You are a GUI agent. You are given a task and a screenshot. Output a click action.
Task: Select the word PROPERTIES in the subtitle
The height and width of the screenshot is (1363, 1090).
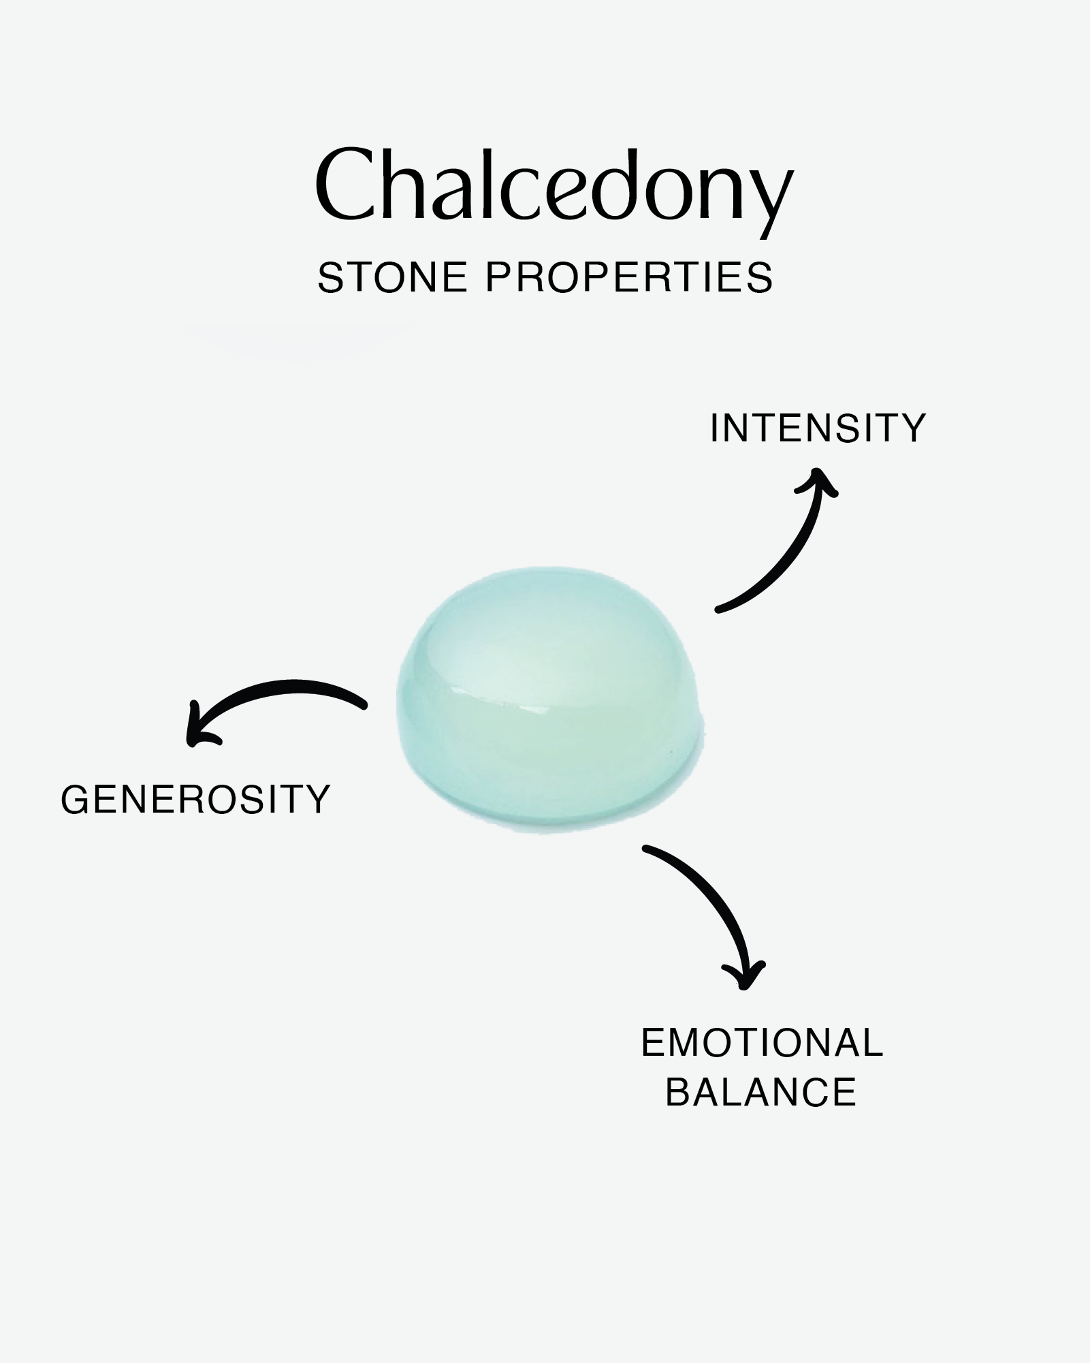point(630,277)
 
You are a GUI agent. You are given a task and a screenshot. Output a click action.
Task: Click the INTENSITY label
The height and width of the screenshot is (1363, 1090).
point(818,428)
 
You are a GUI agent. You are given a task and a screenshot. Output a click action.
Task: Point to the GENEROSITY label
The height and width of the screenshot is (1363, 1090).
point(195,799)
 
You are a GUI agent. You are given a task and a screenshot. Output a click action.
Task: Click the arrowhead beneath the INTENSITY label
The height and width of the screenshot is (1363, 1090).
point(818,481)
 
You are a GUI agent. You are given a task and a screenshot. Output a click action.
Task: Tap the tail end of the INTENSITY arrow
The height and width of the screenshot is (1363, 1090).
point(718,609)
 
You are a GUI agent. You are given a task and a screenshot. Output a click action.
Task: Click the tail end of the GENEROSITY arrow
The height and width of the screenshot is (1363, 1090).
point(364,704)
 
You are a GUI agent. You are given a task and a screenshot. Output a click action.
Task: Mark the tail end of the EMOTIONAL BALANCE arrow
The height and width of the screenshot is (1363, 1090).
point(645,848)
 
